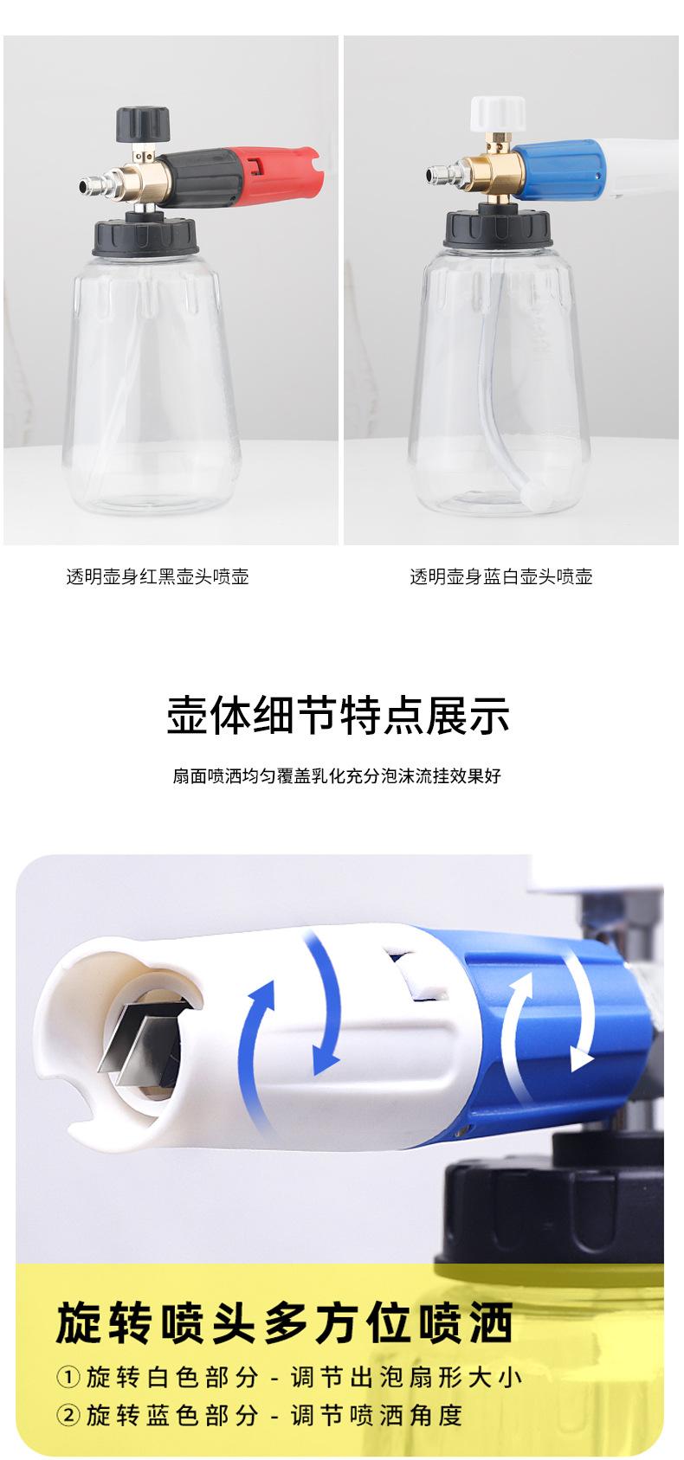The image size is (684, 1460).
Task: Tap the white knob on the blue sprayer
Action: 498,112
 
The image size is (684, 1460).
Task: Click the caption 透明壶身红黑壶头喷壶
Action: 158,577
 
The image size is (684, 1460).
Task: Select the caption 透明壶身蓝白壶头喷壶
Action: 500,577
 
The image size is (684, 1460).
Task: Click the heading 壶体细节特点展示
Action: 338,714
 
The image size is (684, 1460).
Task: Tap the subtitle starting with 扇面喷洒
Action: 337,775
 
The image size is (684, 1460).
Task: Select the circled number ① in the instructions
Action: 68,1376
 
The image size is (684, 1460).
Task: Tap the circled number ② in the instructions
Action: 68,1415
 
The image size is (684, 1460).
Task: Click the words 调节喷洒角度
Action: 376,1415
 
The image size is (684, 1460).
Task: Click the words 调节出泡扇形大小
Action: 406,1376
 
